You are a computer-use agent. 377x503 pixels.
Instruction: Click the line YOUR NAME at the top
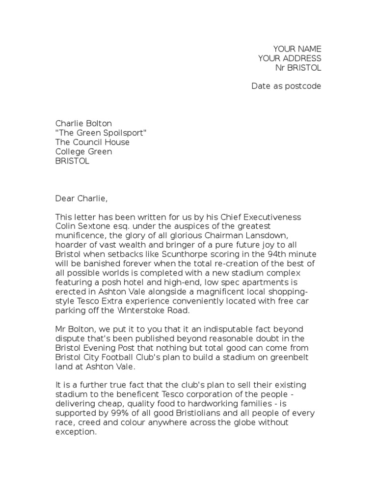pos(297,49)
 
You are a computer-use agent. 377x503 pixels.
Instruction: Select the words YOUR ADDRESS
pos(290,58)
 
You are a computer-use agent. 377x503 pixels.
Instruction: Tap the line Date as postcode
pos(286,86)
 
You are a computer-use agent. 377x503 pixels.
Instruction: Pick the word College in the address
pos(70,152)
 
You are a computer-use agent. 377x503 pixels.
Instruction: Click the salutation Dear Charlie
pos(81,198)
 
